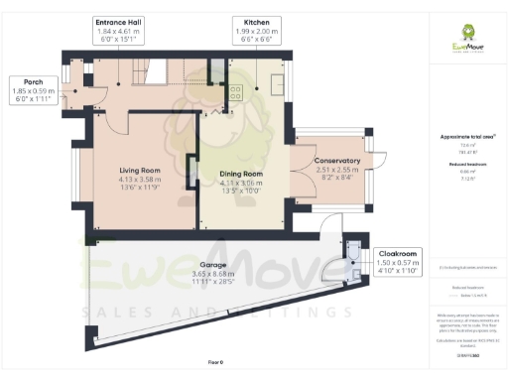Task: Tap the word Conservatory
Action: click(x=336, y=161)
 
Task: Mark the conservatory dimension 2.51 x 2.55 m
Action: click(x=336, y=170)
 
